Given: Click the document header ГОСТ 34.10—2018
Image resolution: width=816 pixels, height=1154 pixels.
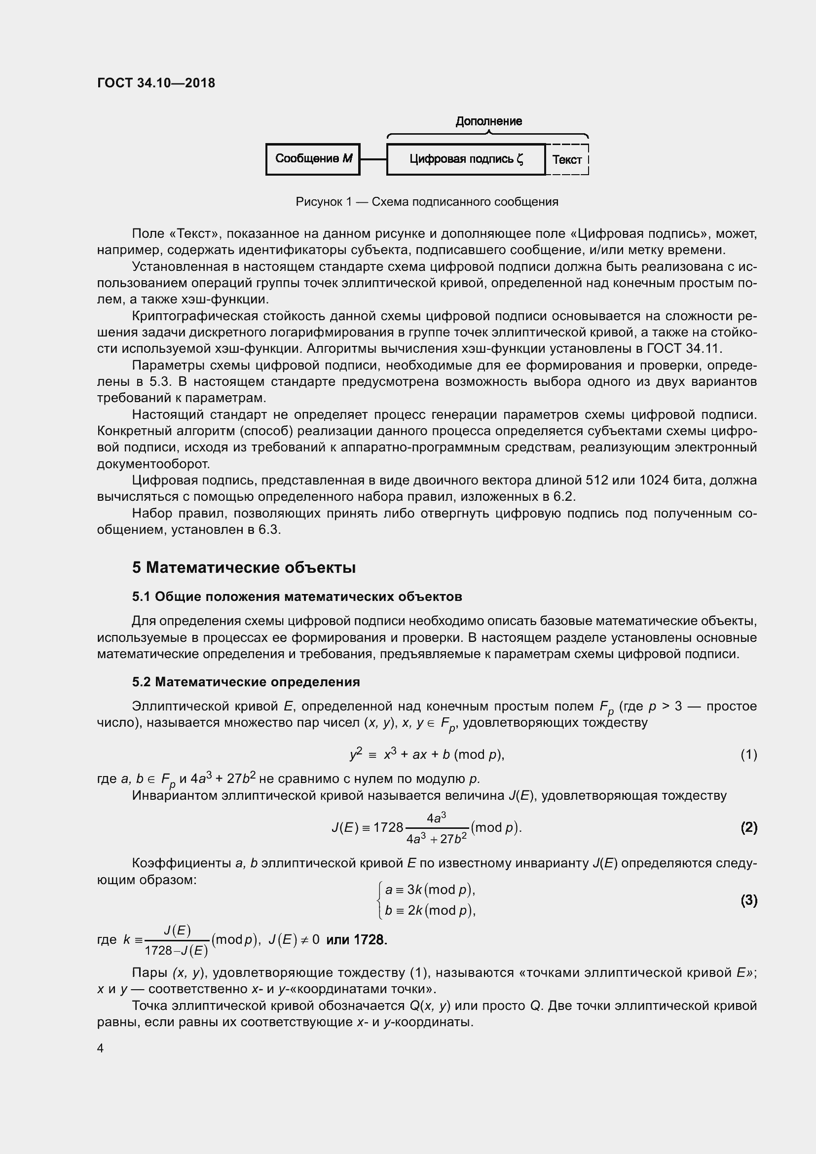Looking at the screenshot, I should [156, 83].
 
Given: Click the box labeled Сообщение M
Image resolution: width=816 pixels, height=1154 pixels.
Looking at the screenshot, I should [312, 159].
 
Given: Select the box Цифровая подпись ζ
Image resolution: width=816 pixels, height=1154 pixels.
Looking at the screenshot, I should [465, 159].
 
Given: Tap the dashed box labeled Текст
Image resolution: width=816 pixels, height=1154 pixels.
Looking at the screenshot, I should [567, 160].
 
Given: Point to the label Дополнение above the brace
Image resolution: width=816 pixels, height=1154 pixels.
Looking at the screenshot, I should [488, 121].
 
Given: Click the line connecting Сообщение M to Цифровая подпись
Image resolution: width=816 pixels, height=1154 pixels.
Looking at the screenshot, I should [373, 159].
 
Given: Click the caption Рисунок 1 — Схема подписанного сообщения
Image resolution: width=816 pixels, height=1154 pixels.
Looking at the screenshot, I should [427, 202].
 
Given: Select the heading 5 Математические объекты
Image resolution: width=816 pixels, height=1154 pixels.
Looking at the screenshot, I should [244, 567].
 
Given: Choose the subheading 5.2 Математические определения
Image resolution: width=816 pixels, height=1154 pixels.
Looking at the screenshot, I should [246, 682].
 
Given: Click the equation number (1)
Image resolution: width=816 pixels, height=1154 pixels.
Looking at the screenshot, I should [748, 754].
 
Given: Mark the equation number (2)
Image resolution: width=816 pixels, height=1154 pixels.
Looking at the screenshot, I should [748, 828].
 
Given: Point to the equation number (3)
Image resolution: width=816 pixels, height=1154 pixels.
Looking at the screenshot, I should [748, 900].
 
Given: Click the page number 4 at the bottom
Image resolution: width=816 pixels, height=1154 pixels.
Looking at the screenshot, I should [101, 1048].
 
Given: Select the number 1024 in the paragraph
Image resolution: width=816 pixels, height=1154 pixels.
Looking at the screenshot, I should [654, 480].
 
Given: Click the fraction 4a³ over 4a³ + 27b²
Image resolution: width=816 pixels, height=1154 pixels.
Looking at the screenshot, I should [436, 828].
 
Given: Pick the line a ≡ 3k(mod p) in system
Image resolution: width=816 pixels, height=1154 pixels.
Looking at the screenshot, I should [430, 890].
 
